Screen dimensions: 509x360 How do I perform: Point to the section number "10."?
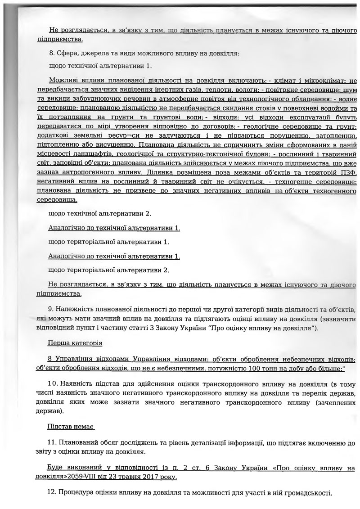click(x=54, y=383)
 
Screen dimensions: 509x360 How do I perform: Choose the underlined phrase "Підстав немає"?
click(x=71, y=426)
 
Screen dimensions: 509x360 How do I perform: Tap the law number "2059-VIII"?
click(x=100, y=477)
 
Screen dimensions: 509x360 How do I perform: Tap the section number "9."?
click(x=51, y=310)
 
